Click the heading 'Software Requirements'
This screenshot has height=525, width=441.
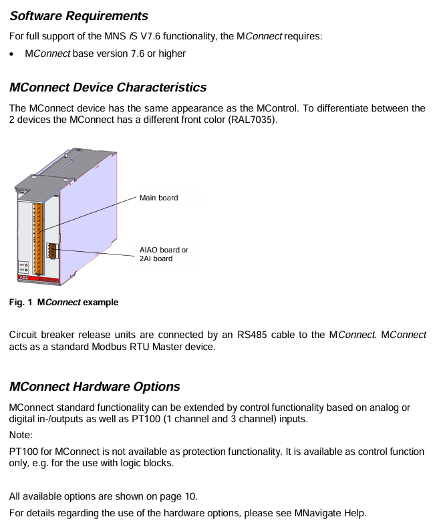78,15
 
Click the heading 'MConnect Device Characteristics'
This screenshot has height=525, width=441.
108,87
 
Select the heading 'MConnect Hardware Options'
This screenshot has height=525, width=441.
94,386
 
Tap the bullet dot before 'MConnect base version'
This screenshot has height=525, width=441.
13,53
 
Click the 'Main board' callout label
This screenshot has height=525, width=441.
158,198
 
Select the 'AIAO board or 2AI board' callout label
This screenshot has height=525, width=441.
164,254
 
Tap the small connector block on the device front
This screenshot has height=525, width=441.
51,252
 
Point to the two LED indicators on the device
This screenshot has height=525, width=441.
24,267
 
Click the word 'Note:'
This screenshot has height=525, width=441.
21,435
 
